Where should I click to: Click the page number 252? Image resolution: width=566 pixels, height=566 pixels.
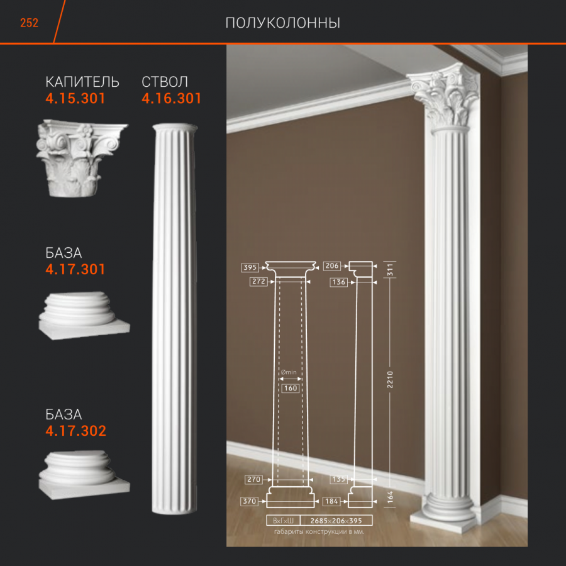[29, 23]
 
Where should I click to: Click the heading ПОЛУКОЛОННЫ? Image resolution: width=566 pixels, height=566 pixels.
[282, 23]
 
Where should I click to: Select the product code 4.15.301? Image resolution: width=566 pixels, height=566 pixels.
[75, 99]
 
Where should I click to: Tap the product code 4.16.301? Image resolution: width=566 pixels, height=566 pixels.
[171, 99]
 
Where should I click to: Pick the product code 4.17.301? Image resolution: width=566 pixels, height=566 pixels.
[75, 269]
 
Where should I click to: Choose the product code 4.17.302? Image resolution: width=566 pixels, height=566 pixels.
[76, 431]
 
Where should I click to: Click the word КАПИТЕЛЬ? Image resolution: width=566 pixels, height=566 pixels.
[82, 82]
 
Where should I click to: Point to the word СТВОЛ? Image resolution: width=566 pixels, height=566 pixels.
[165, 82]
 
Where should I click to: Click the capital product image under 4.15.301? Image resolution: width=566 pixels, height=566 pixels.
[82, 158]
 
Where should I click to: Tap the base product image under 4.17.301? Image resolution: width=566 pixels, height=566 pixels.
[84, 316]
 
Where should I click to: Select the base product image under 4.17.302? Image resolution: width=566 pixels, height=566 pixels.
[84, 475]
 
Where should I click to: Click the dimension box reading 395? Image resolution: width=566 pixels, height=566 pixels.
[250, 267]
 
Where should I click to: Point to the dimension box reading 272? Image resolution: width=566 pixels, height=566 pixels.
[258, 282]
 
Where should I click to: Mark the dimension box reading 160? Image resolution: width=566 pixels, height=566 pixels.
[290, 389]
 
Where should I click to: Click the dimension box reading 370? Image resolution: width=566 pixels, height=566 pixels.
[250, 501]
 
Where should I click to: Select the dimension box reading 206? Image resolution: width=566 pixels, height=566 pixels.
[331, 266]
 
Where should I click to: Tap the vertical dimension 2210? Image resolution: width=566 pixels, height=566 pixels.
[390, 379]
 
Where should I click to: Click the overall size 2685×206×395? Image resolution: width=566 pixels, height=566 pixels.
[336, 521]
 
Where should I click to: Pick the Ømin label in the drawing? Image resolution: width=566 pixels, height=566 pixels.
[289, 372]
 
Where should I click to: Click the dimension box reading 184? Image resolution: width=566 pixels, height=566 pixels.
[331, 501]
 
